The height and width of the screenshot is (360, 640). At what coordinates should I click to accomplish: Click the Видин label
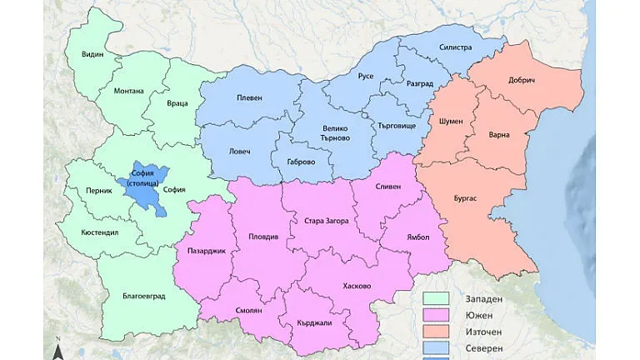coord(92,53)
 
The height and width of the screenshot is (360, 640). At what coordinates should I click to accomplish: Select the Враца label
coord(177,104)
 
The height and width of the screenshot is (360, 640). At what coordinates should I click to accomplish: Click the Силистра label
coord(455,47)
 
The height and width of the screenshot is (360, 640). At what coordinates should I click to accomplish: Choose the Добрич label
coord(521,81)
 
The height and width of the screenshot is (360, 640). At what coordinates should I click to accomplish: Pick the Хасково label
coord(357,286)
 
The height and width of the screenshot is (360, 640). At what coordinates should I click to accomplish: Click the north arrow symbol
coord(58,349)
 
